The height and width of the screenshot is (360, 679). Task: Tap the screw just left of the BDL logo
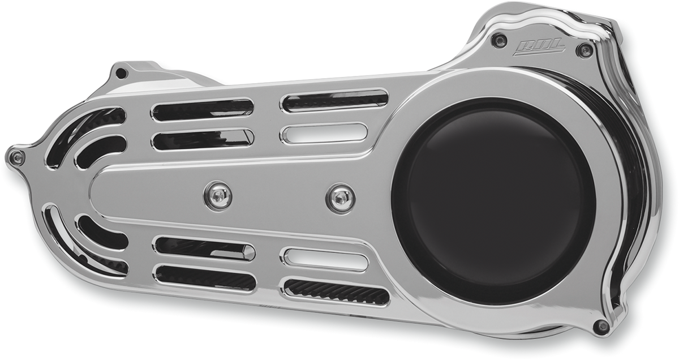pos(498,40)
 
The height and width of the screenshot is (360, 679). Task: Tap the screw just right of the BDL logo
pos(585,50)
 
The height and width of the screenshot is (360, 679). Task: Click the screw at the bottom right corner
pos(601,325)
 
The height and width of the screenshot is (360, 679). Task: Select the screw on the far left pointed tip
pos(17,157)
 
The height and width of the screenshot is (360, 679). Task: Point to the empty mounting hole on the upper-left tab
pos(121,74)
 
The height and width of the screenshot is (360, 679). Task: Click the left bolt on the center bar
pos(218,195)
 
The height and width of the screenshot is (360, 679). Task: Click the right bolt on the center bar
pos(340,198)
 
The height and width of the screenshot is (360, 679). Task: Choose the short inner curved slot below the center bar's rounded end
pos(100,232)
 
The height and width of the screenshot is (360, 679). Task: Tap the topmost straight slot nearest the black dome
pos(334,100)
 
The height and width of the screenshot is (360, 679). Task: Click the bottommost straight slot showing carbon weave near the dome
pos(336,291)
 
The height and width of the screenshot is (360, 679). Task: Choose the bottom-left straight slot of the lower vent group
pos(204,277)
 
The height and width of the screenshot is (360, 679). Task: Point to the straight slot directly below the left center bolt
pos(204,248)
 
